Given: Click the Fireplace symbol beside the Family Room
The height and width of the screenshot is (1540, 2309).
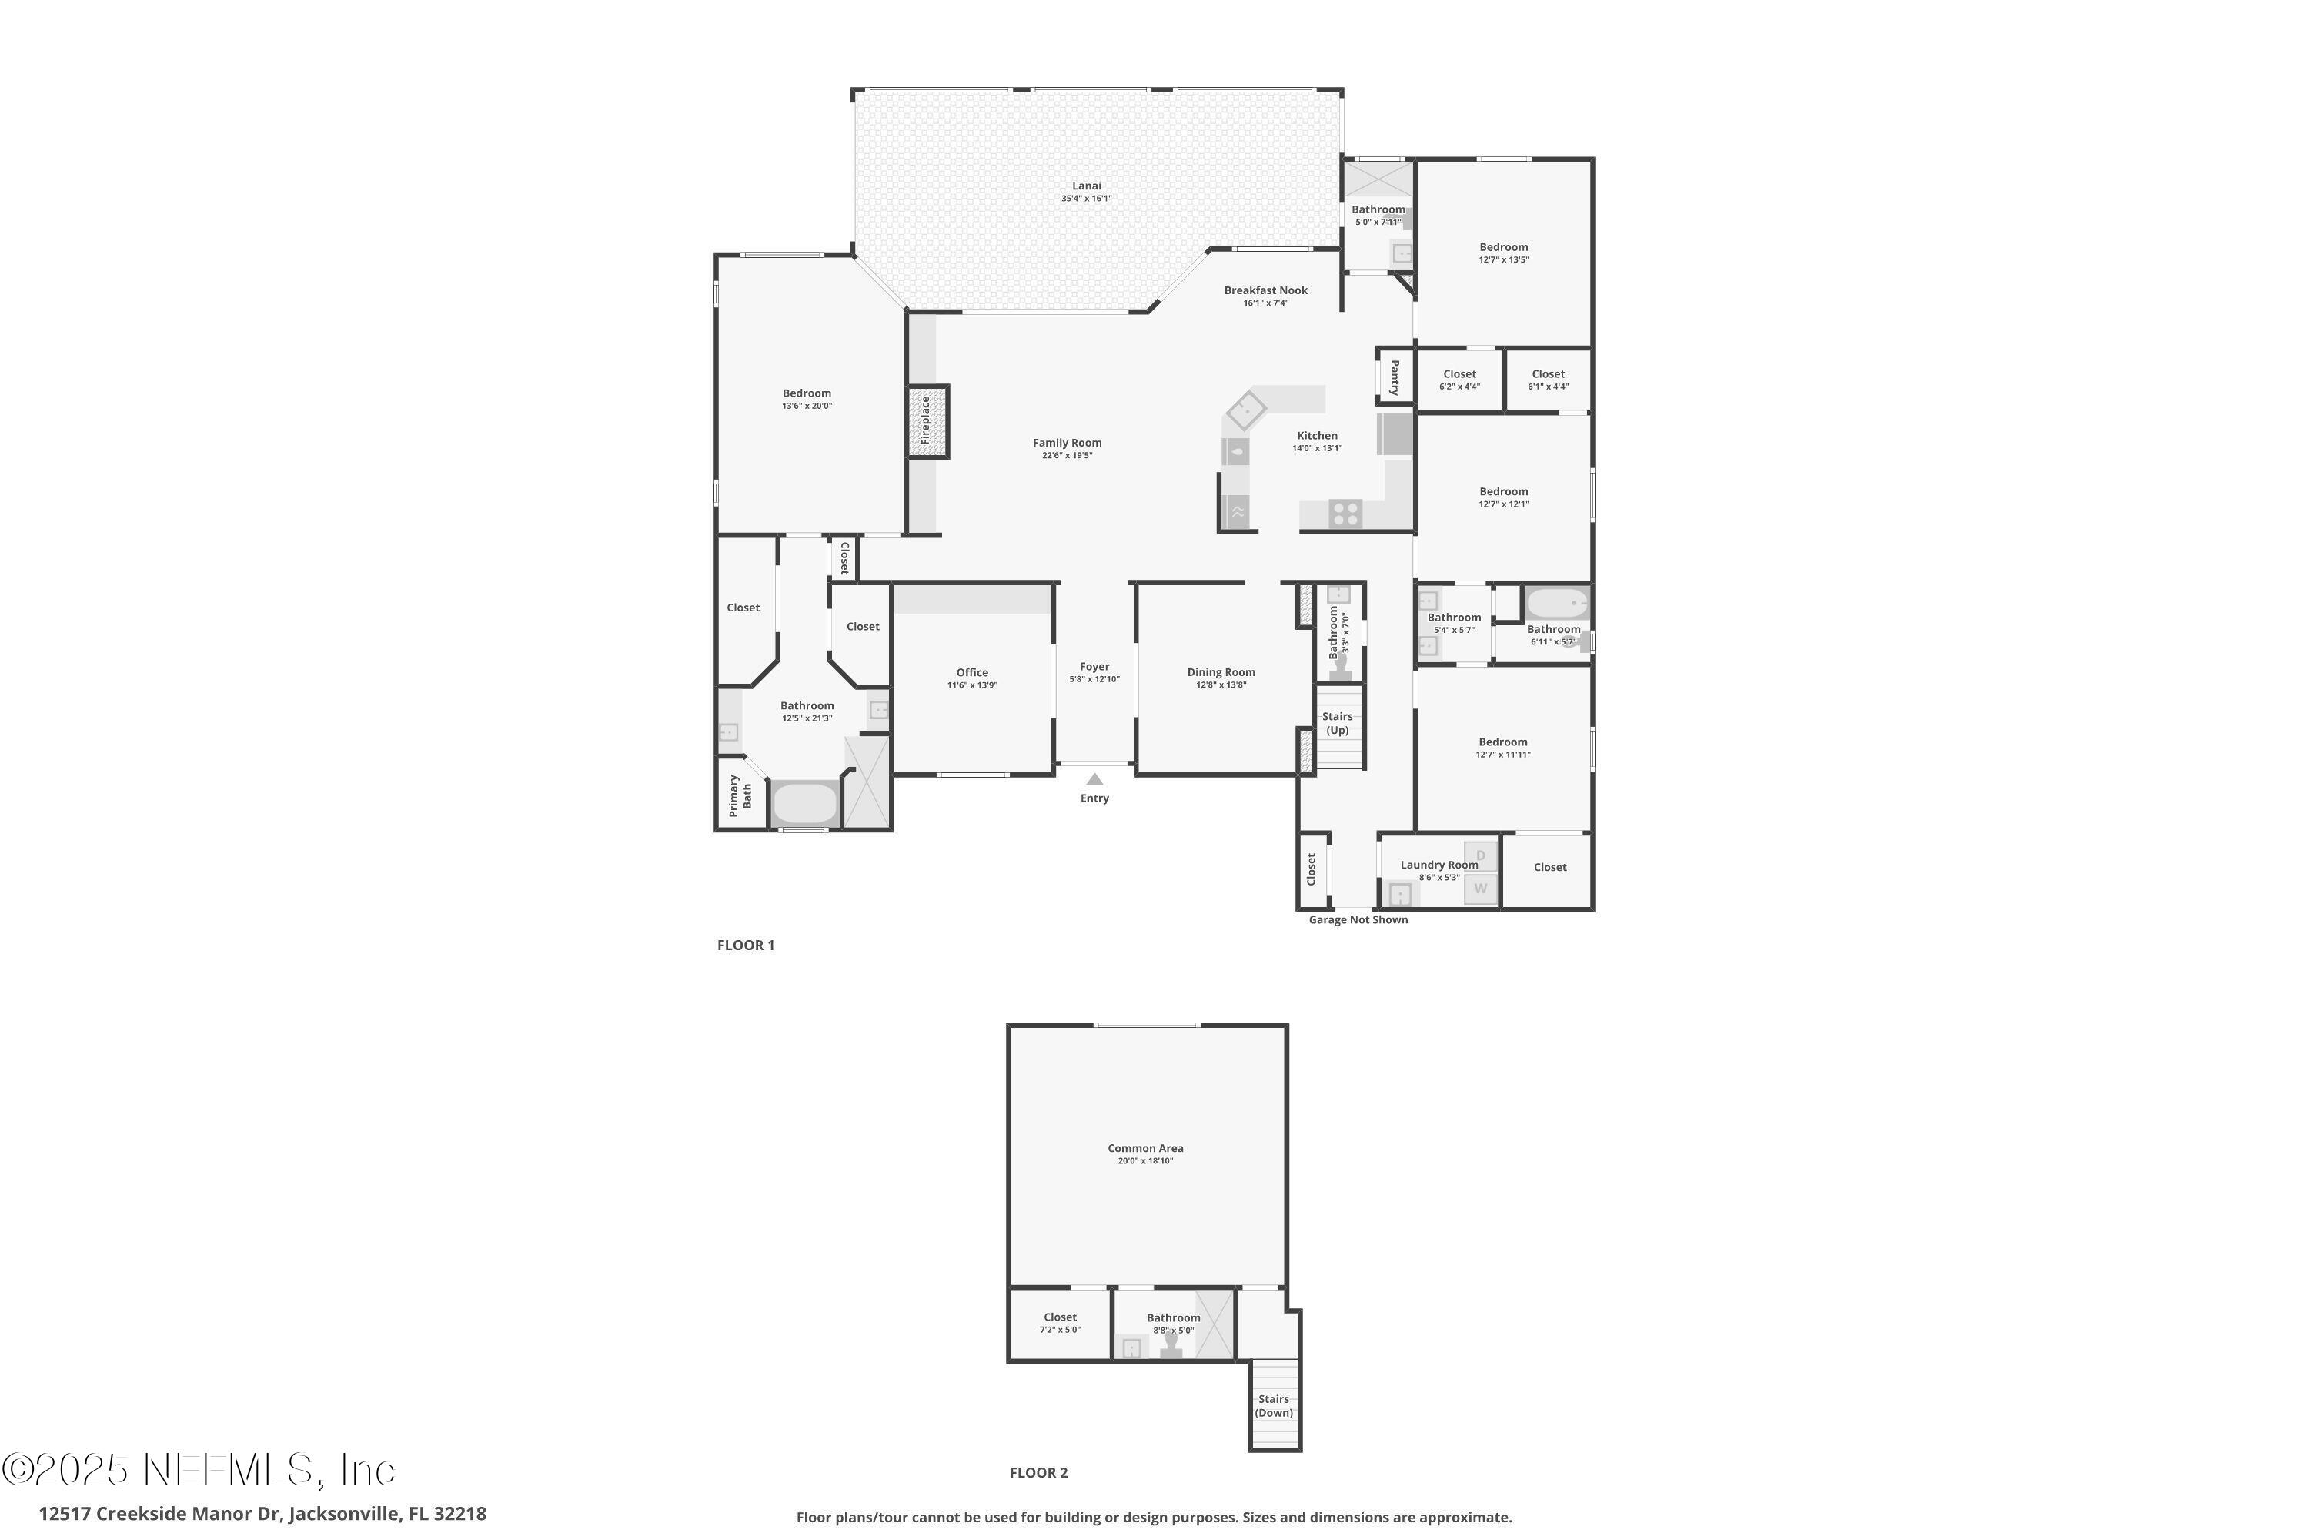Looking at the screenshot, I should coord(927,421).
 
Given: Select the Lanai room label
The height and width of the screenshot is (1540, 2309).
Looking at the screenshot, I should coord(1086,186).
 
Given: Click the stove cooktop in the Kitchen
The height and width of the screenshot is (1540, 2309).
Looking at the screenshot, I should coord(1345,513).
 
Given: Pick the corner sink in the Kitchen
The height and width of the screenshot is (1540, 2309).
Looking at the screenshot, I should coord(1245,409).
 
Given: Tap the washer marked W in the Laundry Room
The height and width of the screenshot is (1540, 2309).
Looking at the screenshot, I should coord(1480,889).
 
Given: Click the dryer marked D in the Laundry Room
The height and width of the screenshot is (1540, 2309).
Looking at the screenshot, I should coord(1480,855).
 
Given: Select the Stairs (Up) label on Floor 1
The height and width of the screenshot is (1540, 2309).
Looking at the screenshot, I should coord(1337,723).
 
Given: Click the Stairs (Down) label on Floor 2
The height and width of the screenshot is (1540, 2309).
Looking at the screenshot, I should coord(1273,1405).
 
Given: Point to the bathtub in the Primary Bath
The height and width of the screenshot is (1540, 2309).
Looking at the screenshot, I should coord(805,803).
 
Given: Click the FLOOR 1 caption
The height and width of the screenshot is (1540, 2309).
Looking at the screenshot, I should coord(745,945).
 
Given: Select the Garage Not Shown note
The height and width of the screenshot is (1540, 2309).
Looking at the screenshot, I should coord(1358,920).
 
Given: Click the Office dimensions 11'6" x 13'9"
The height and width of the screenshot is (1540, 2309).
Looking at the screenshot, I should coord(972,685).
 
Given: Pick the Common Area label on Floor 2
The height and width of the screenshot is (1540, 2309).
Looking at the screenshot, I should coord(1144,1148).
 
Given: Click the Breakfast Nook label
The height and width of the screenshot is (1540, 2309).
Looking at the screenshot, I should coord(1265,291).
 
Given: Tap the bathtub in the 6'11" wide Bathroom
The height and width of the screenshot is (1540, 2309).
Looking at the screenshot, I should coord(1556,602).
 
